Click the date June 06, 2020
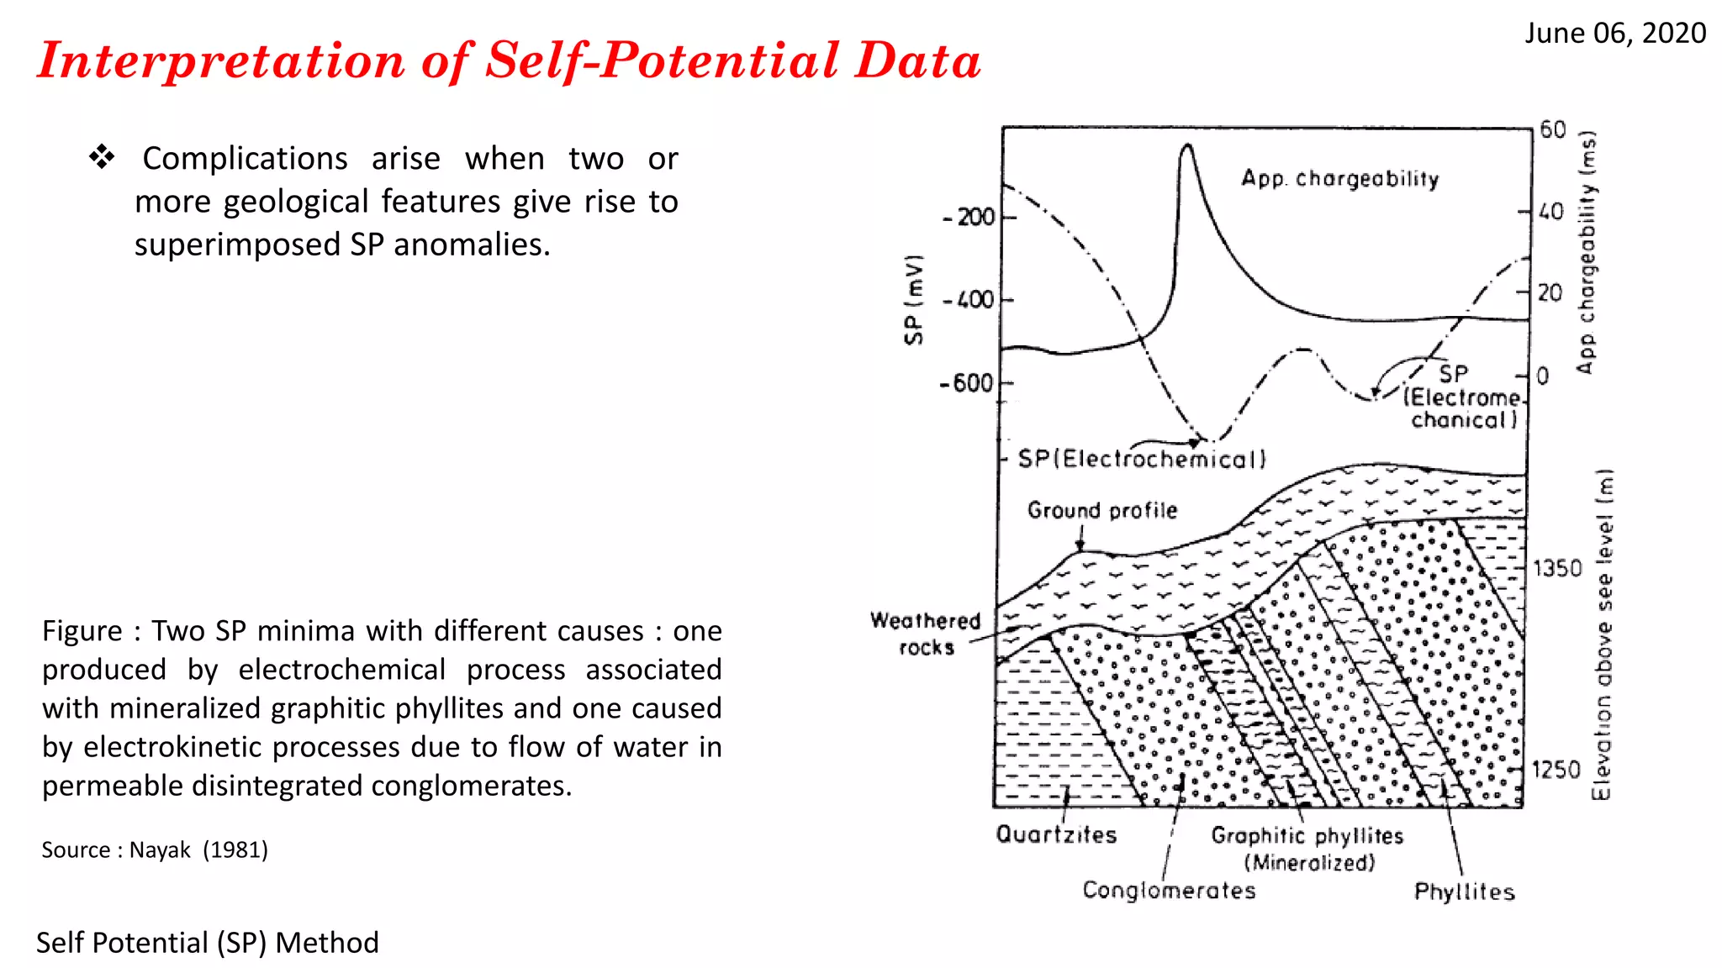click(x=1614, y=34)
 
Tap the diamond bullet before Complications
click(x=102, y=157)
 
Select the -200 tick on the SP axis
click(x=969, y=218)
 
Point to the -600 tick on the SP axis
click(x=967, y=384)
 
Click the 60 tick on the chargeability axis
click(x=1552, y=130)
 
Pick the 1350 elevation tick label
click(x=1557, y=569)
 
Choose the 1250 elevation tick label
click(x=1556, y=770)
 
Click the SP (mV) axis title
click(x=914, y=299)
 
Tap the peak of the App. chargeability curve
click(x=1186, y=146)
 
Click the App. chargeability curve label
click(x=1339, y=179)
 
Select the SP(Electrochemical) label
click(x=1141, y=459)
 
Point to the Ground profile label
click(x=1101, y=510)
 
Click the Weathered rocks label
click(x=925, y=634)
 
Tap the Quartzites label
click(x=1056, y=834)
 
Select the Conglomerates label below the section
click(x=1169, y=890)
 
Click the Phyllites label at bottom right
click(x=1464, y=892)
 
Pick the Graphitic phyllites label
click(x=1307, y=835)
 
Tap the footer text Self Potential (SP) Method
click(x=207, y=943)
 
